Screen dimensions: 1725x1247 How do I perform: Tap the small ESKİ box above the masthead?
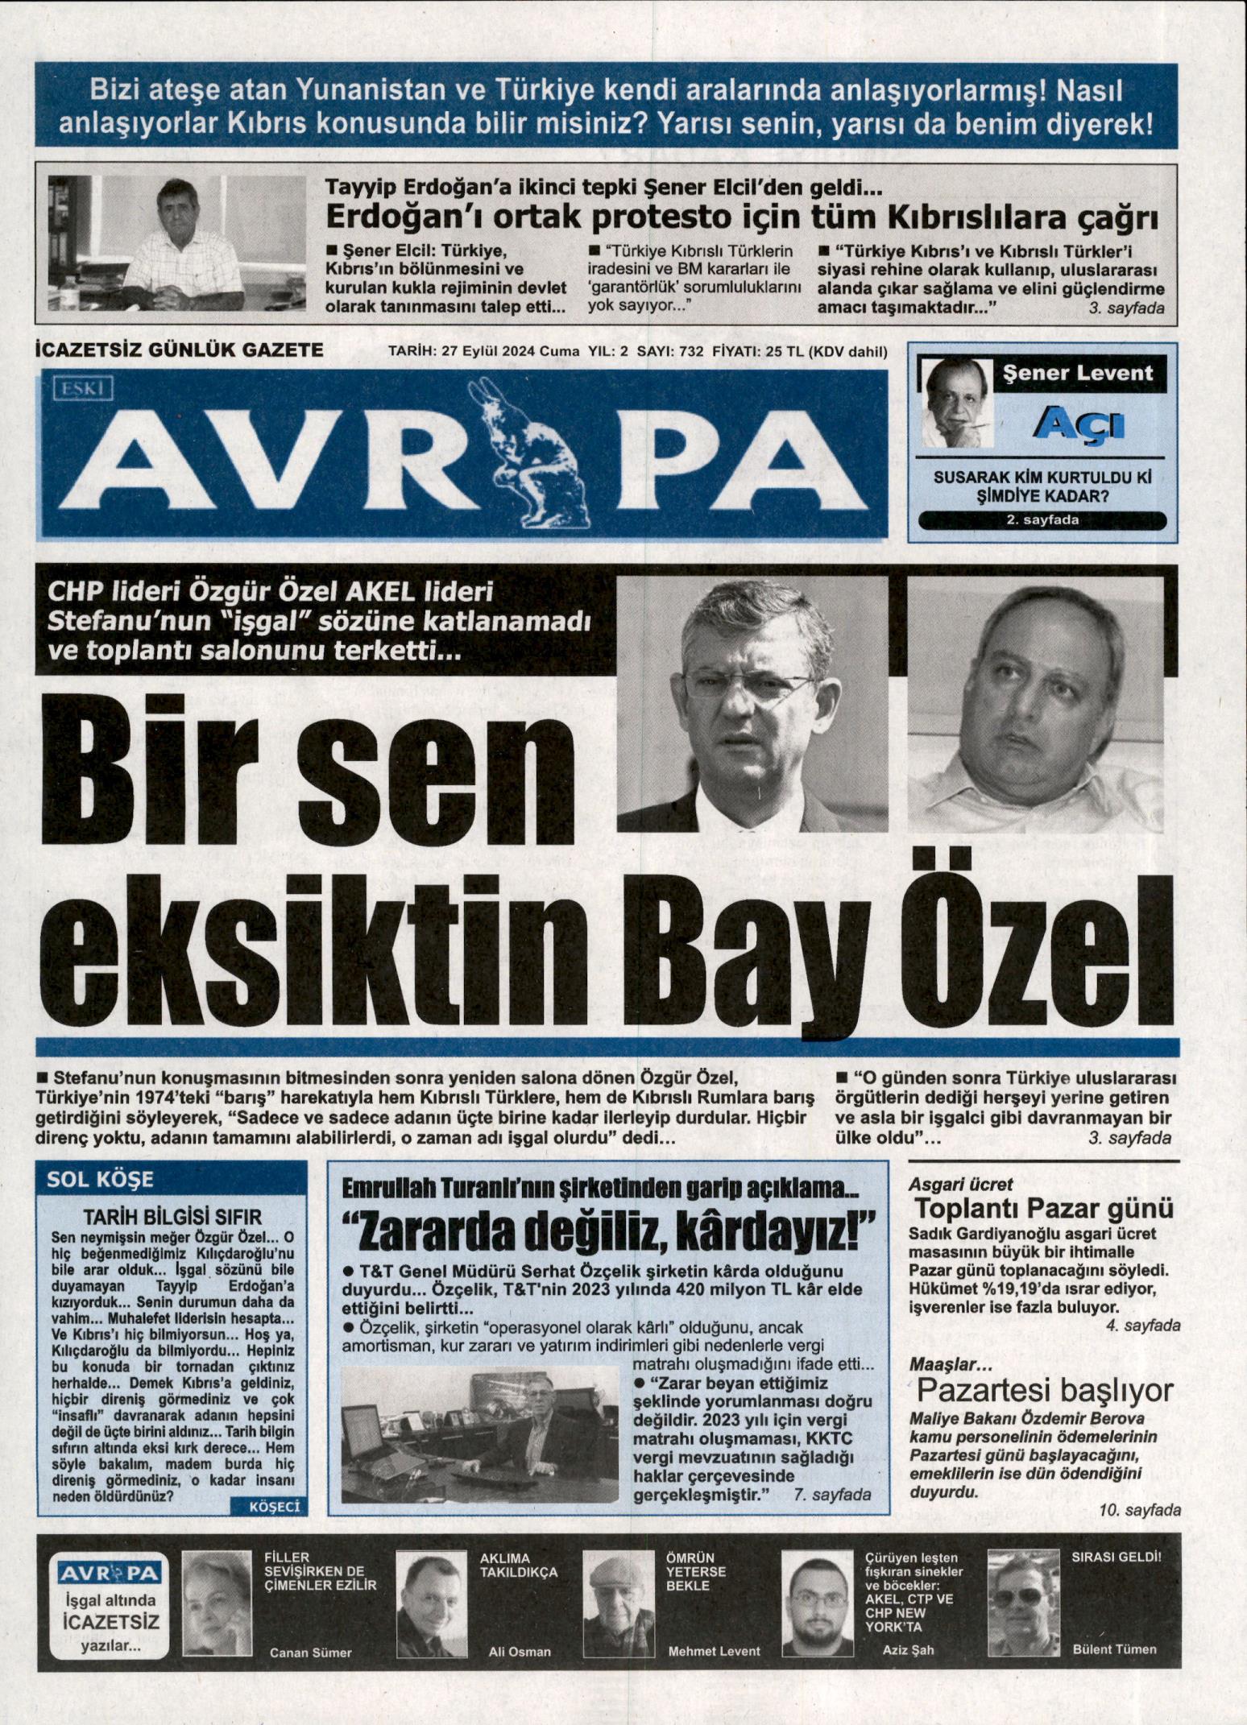pos(82,390)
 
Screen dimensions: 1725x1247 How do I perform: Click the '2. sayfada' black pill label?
pos(1042,520)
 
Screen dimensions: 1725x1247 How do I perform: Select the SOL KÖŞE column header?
pos(100,1180)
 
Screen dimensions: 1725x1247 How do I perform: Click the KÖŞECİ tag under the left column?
pos(268,1507)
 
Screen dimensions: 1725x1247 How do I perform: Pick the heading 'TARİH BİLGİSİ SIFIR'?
pos(173,1217)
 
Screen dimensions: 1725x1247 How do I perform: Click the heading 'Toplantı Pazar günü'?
pos(1044,1209)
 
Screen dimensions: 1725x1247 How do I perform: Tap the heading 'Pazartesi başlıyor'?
pos(1045,1390)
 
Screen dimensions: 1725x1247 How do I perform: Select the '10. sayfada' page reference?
pos(1140,1510)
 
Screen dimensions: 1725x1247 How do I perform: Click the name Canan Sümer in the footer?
pos(310,1653)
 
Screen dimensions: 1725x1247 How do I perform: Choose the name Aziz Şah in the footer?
pos(908,1649)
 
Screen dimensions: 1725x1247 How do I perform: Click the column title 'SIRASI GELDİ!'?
pos(1116,1557)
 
